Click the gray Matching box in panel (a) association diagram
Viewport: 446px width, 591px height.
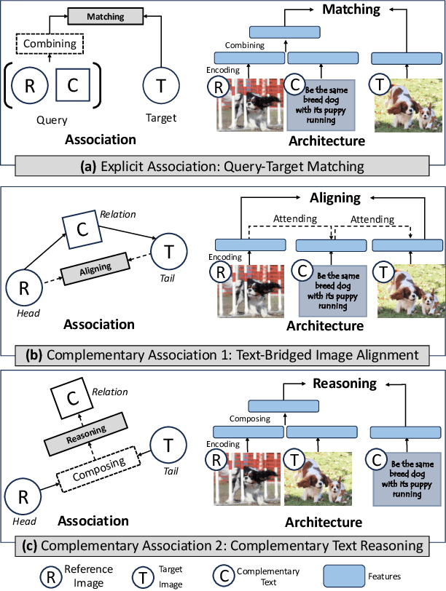click(105, 15)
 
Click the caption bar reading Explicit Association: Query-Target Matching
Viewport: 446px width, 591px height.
click(222, 167)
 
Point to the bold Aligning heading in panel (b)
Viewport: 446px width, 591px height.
click(335, 198)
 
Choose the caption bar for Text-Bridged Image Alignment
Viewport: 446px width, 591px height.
click(222, 356)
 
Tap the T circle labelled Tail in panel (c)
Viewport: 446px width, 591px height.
click(168, 443)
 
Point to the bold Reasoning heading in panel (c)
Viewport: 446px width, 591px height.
click(344, 383)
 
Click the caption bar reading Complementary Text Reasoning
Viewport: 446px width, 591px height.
click(222, 545)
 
